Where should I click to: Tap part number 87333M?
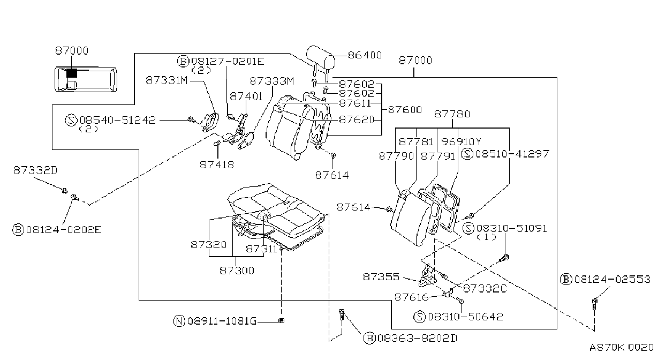(272, 81)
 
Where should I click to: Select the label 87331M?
(167, 80)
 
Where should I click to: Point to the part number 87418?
(217, 165)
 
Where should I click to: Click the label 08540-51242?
(117, 120)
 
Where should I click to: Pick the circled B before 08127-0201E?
(183, 62)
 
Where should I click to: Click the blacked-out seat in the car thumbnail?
(72, 73)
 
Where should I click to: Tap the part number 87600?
(405, 110)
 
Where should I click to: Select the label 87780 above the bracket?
(452, 114)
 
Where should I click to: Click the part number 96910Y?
(461, 142)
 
